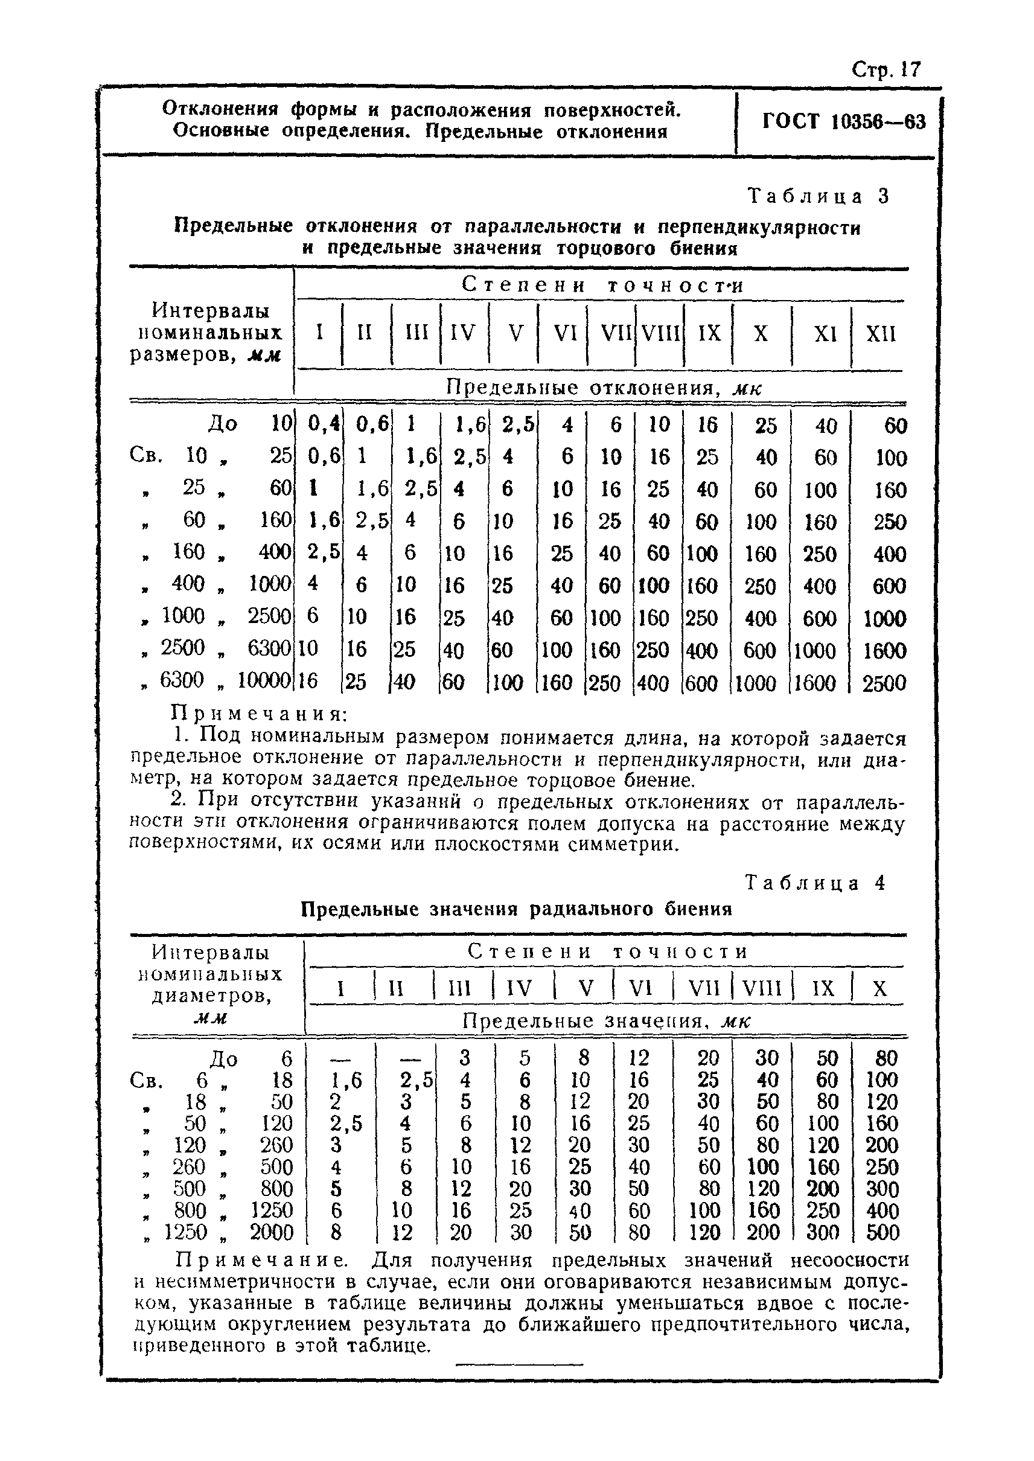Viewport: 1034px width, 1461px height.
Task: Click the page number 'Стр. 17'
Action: click(x=886, y=69)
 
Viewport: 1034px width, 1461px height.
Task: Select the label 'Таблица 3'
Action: click(x=817, y=196)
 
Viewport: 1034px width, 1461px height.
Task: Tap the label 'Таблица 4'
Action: click(x=815, y=883)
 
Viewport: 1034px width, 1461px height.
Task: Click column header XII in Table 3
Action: click(x=881, y=334)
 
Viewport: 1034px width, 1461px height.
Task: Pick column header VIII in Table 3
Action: click(x=660, y=334)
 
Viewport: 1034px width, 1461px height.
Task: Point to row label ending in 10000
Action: click(x=217, y=681)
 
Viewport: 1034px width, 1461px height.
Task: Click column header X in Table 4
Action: click(x=879, y=988)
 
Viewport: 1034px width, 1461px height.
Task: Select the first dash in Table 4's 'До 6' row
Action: click(x=341, y=1058)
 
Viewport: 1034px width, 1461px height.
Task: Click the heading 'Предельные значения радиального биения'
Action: click(x=515, y=909)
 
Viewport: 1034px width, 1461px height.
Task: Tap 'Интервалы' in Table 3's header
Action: click(x=211, y=311)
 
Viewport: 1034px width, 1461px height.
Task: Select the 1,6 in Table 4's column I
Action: click(x=346, y=1080)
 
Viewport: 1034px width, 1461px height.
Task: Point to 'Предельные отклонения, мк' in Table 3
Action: click(x=603, y=388)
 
